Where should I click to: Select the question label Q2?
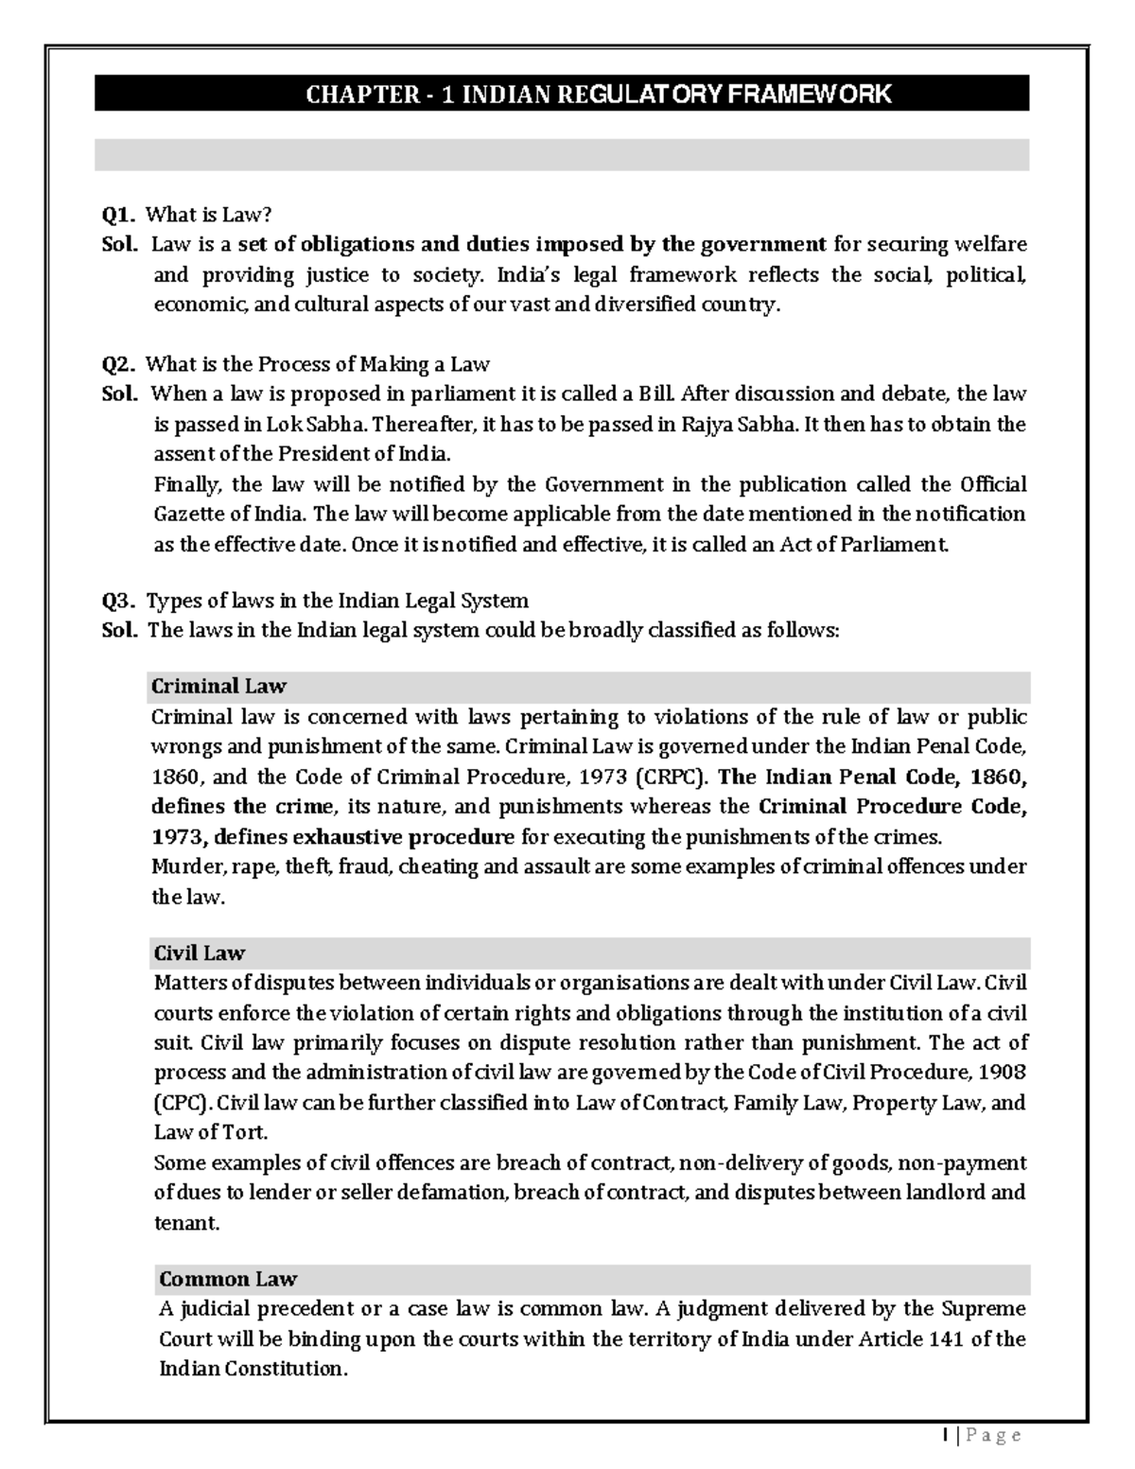(119, 364)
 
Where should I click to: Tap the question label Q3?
(119, 601)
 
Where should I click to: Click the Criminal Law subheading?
(218, 686)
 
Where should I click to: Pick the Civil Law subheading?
(199, 953)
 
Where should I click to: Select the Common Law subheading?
(228, 1279)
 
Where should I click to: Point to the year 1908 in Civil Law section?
(1005, 1073)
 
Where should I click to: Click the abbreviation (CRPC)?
(671, 778)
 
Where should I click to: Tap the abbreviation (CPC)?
(183, 1103)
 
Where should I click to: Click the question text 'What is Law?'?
(214, 216)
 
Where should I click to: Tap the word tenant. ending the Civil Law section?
(186, 1223)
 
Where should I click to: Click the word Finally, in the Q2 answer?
(188, 485)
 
